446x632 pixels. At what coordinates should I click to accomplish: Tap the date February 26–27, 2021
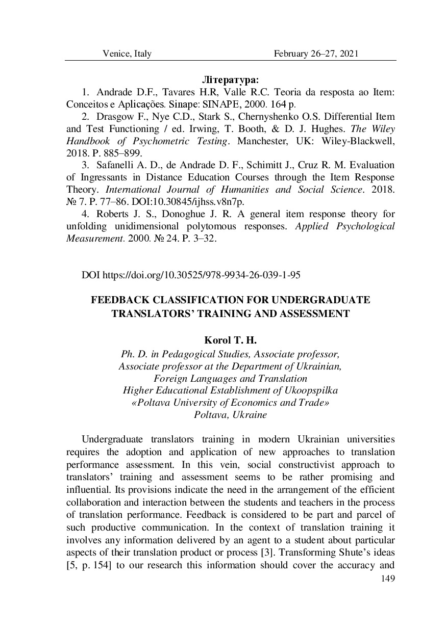click(x=316, y=54)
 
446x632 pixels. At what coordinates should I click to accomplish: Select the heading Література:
click(x=231, y=80)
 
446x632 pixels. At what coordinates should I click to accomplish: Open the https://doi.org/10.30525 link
click(x=201, y=275)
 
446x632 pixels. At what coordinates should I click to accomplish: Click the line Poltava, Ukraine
click(x=230, y=414)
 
